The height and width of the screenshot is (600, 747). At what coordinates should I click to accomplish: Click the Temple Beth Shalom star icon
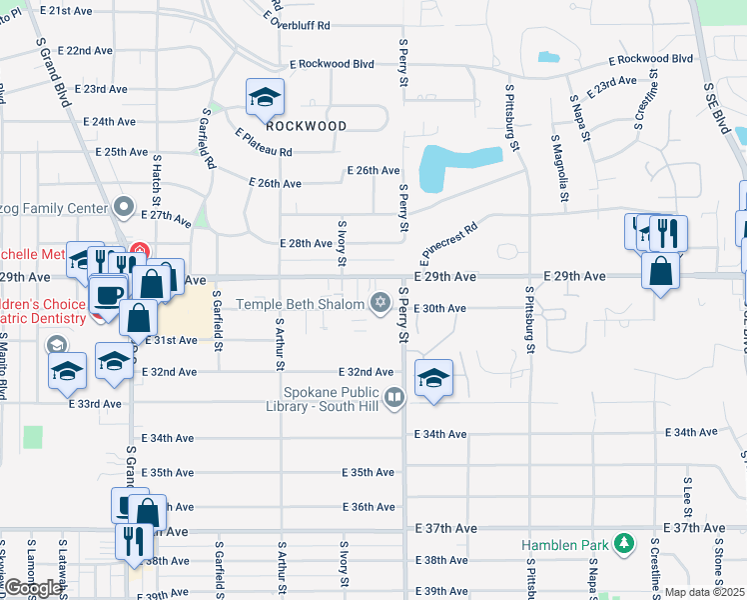tap(379, 302)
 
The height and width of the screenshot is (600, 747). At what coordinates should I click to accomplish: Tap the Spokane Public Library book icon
tap(395, 400)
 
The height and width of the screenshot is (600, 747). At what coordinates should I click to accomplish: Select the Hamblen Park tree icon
tap(624, 544)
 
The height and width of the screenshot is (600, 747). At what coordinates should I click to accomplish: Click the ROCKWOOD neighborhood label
tap(307, 126)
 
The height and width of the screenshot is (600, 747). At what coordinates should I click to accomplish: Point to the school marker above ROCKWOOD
tap(266, 97)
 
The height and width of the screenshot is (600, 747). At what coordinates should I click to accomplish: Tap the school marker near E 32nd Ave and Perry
tap(433, 379)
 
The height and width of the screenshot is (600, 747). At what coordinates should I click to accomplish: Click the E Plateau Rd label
tap(265, 143)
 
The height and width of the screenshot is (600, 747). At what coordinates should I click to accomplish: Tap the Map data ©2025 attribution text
tap(705, 592)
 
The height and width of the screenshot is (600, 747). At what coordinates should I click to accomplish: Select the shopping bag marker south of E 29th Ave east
tap(661, 270)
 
